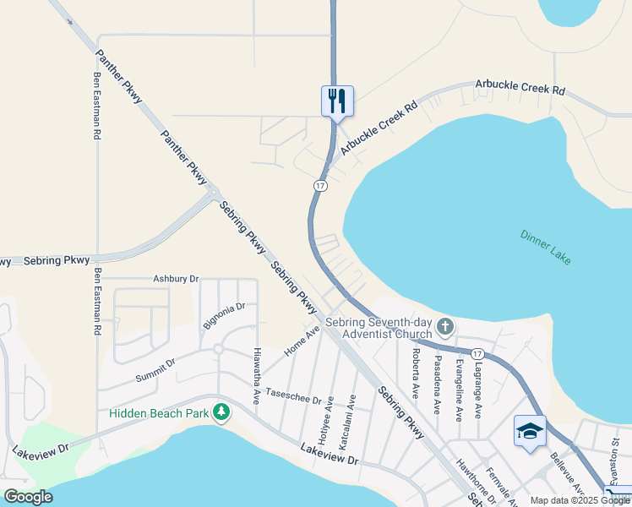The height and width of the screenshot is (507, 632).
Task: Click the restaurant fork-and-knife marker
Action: pyautogui.click(x=337, y=101)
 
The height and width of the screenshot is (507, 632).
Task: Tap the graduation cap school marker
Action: pyautogui.click(x=530, y=432)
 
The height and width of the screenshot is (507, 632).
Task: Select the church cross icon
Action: pyautogui.click(x=445, y=326)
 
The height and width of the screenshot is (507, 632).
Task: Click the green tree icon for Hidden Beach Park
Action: pyautogui.click(x=221, y=412)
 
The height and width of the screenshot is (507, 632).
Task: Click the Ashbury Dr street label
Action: pyautogui.click(x=175, y=278)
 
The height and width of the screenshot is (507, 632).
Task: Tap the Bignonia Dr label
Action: pyautogui.click(x=223, y=315)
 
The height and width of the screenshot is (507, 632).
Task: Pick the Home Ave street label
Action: pyautogui.click(x=302, y=341)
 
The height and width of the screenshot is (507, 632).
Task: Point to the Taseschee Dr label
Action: pyautogui.click(x=293, y=395)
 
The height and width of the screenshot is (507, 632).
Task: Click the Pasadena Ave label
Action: pyautogui.click(x=437, y=378)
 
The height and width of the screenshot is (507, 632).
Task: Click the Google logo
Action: pyautogui.click(x=28, y=497)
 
